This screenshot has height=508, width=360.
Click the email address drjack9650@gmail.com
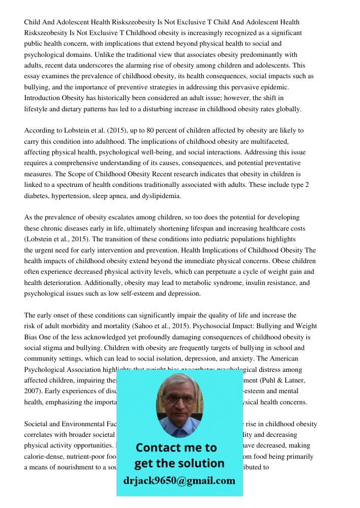pyautogui.click(x=179, y=481)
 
